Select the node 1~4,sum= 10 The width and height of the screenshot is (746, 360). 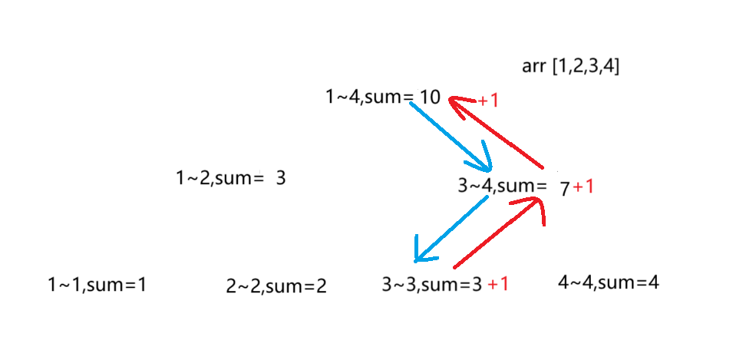point(382,97)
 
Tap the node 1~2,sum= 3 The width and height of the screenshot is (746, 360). point(230,178)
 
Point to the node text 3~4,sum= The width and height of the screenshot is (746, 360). point(501,186)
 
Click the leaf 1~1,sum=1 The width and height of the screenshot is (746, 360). point(97,285)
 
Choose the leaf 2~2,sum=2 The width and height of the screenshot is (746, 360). point(276,287)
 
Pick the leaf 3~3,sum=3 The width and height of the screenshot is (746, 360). point(431,285)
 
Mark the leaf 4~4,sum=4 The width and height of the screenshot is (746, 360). point(608,282)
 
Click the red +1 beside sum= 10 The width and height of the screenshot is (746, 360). point(488,101)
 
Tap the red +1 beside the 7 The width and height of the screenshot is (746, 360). point(583,187)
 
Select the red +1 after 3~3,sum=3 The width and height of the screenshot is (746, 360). point(498,284)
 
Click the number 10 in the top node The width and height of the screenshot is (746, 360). point(430,97)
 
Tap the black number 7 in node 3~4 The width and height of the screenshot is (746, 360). point(565,188)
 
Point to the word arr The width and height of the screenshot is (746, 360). point(533,67)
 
